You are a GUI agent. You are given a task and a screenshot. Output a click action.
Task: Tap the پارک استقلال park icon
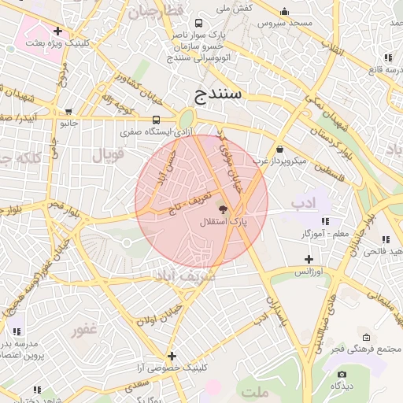223,210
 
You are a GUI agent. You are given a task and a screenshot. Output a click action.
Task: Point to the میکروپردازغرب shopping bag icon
279,149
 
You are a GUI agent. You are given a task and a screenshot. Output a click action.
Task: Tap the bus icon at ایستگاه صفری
156,120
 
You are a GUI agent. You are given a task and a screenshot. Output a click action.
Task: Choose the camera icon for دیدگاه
342,374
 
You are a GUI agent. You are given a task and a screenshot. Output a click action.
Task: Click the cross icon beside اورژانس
309,259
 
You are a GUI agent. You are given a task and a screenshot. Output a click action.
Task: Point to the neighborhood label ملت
256,391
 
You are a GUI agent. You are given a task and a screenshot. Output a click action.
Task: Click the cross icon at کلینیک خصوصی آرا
171,356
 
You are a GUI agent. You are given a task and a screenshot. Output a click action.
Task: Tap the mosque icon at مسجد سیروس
284,11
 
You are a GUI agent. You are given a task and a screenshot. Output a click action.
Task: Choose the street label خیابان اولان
160,314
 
